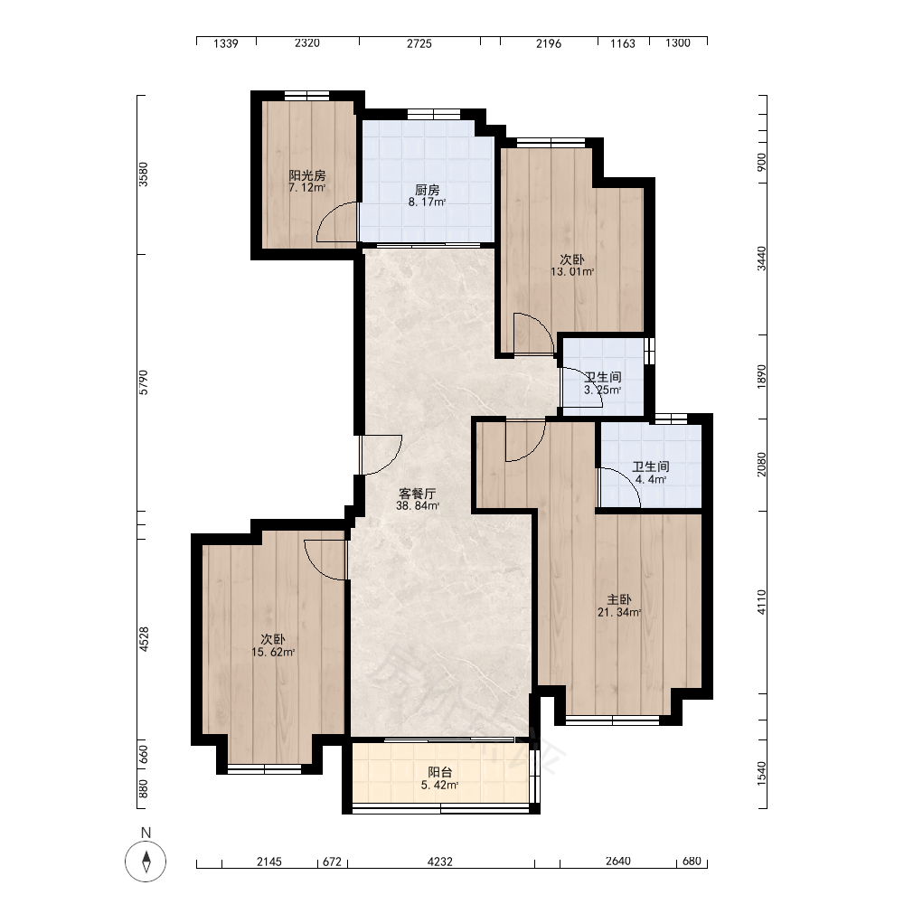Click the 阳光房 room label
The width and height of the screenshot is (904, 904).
pyautogui.click(x=307, y=175)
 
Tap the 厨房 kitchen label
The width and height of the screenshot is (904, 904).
pyautogui.click(x=428, y=190)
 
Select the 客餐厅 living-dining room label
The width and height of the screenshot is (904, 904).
pyautogui.click(x=418, y=494)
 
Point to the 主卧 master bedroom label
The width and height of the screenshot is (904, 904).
pyautogui.click(x=618, y=599)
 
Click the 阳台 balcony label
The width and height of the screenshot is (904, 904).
pyautogui.click(x=440, y=773)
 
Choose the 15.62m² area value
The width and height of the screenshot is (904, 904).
pyautogui.click(x=273, y=653)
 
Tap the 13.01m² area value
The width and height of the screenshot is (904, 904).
pyautogui.click(x=572, y=271)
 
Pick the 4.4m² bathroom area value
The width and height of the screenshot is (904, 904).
pyautogui.click(x=651, y=480)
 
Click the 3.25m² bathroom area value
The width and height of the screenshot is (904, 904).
pyautogui.click(x=602, y=391)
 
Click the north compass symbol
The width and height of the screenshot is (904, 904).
pyautogui.click(x=146, y=862)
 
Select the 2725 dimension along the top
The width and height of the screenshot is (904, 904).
pyautogui.click(x=419, y=43)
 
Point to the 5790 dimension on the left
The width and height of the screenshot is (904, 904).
pyautogui.click(x=144, y=382)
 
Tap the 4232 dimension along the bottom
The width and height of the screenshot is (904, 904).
pyautogui.click(x=440, y=862)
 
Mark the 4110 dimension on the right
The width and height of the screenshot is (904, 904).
pyautogui.click(x=761, y=602)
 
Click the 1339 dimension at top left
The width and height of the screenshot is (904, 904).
pyautogui.click(x=225, y=43)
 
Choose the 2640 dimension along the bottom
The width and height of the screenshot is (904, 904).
pyautogui.click(x=618, y=862)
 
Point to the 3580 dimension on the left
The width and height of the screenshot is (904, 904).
pyautogui.click(x=144, y=174)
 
